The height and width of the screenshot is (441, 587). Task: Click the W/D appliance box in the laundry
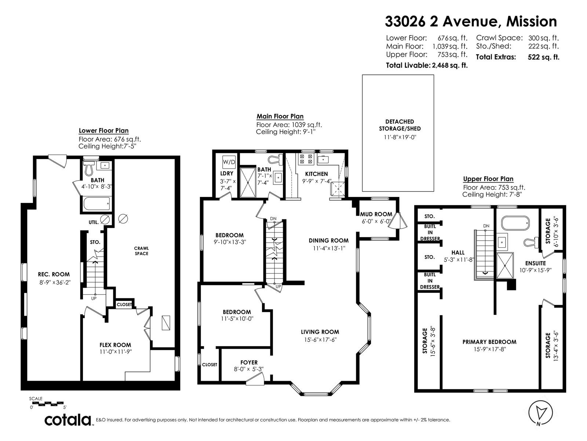[229, 162]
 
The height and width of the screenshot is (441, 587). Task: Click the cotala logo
[68, 420]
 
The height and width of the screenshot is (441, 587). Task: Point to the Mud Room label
[376, 214]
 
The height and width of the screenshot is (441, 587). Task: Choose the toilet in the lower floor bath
[88, 167]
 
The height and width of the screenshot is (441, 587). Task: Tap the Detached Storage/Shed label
[400, 125]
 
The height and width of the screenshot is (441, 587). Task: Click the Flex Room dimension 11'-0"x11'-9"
[115, 352]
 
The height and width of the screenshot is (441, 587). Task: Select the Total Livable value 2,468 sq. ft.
[450, 65]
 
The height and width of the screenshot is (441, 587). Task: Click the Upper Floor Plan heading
[488, 179]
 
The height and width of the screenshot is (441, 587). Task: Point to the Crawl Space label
[142, 251]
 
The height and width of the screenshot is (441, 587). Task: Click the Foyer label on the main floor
[249, 363]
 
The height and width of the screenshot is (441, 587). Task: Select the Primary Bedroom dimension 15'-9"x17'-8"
[489, 349]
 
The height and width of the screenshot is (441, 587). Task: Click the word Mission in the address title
[532, 21]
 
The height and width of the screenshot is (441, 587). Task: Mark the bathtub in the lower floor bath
[96, 204]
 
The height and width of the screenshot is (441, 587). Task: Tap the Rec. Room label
[54, 275]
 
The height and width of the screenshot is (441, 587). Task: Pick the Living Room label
[320, 332]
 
